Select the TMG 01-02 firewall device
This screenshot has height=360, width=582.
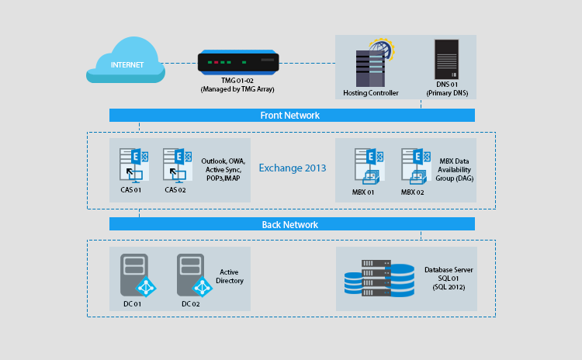pyautogui.click(x=237, y=62)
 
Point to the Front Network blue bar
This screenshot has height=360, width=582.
pyautogui.click(x=292, y=116)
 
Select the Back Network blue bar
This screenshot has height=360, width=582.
pyautogui.click(x=292, y=224)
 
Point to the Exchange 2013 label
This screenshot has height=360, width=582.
pyautogui.click(x=292, y=168)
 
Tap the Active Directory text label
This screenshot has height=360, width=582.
pyautogui.click(x=231, y=276)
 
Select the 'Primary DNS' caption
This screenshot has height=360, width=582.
pyautogui.click(x=445, y=93)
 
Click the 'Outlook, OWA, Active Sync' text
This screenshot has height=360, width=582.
pyautogui.click(x=223, y=165)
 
